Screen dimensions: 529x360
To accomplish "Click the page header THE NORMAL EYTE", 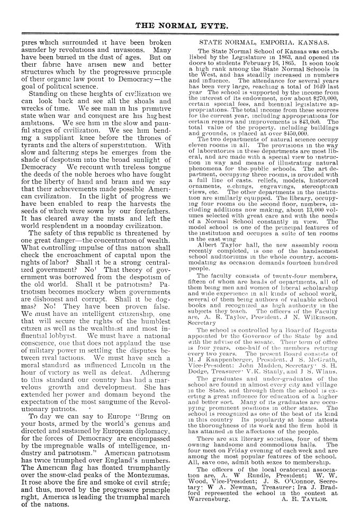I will coord(179,25).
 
